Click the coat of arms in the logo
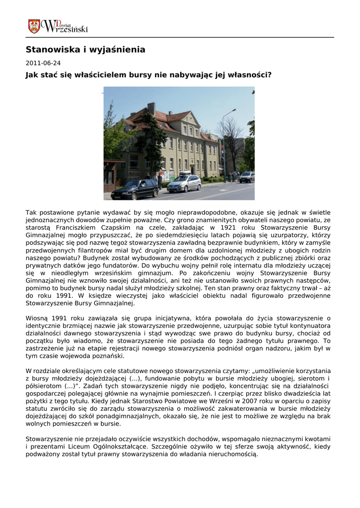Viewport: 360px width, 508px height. (34, 26)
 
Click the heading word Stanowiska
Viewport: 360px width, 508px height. (48, 50)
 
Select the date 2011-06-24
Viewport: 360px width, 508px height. (43, 63)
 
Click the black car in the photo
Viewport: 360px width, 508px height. (135, 190)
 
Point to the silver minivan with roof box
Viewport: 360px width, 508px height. (184, 183)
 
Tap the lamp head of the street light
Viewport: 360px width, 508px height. (234, 110)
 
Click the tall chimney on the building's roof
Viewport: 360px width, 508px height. (151, 109)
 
